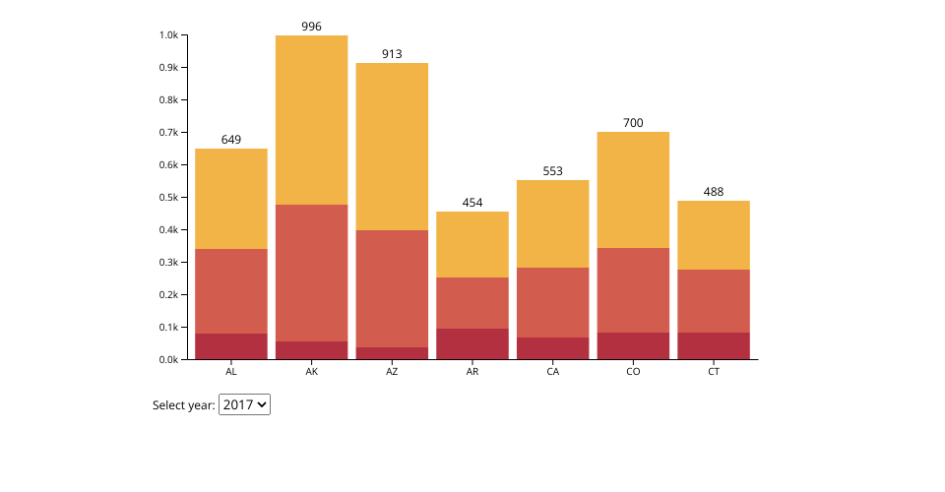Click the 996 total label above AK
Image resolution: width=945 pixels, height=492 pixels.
(x=311, y=27)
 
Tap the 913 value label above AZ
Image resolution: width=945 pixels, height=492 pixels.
(x=392, y=54)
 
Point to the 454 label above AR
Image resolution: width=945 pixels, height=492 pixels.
(x=472, y=203)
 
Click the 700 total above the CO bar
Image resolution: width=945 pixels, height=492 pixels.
(x=633, y=123)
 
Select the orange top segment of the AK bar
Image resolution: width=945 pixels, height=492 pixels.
(x=311, y=120)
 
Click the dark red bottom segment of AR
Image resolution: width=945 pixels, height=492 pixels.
(x=472, y=343)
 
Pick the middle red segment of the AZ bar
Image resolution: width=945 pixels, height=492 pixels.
(x=392, y=288)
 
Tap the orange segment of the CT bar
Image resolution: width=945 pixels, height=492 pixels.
(x=714, y=235)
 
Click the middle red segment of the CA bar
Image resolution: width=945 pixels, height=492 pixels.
(x=552, y=302)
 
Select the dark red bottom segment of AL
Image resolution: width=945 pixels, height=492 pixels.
(x=231, y=346)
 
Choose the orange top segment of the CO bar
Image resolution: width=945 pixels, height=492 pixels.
(x=633, y=190)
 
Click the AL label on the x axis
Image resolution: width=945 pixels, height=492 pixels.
(x=231, y=372)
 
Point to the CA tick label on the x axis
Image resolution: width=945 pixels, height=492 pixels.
(x=552, y=372)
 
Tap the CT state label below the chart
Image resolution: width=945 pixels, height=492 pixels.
(x=714, y=372)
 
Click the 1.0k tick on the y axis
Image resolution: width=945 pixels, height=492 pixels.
(x=168, y=35)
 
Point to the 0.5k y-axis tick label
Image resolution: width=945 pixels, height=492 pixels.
(x=168, y=198)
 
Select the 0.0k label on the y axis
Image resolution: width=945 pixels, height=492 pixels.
(x=168, y=360)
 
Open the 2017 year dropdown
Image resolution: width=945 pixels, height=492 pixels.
(x=244, y=404)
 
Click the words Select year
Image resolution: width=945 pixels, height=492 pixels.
(x=183, y=405)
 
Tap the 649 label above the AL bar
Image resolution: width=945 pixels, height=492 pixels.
(x=231, y=140)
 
